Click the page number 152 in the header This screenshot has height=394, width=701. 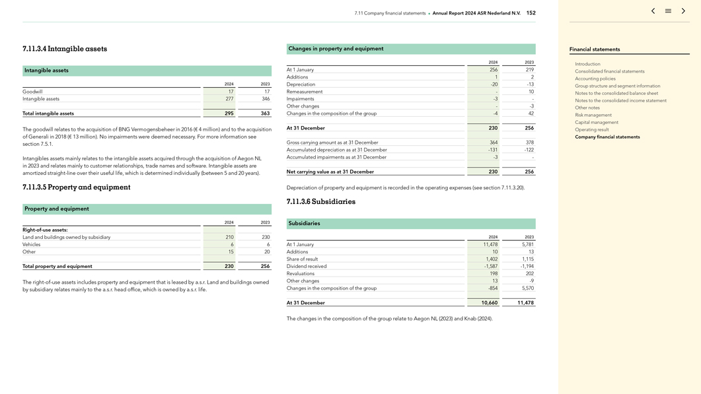click(531, 13)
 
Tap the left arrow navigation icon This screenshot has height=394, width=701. click(653, 11)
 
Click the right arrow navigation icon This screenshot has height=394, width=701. click(683, 11)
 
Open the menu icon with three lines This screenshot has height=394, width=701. click(668, 11)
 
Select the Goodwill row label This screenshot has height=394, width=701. click(32, 92)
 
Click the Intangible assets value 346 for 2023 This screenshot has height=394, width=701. click(265, 99)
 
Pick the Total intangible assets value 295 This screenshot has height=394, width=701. click(229, 114)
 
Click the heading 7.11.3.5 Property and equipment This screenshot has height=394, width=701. click(76, 187)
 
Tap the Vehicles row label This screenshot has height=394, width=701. click(32, 244)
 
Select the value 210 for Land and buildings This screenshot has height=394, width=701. click(229, 237)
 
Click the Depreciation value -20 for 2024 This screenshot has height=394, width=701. click(494, 84)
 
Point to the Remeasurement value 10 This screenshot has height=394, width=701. click(531, 92)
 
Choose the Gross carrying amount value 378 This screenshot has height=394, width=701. click(529, 143)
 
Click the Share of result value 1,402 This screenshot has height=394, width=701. click(491, 259)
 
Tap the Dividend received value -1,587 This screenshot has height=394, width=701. click(490, 267)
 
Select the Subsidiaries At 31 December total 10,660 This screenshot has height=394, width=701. click(489, 303)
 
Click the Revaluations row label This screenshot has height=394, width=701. click(301, 274)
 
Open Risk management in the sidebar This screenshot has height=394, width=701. click(593, 115)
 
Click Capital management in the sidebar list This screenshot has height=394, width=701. click(596, 122)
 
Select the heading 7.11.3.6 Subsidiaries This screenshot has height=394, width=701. click(320, 202)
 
